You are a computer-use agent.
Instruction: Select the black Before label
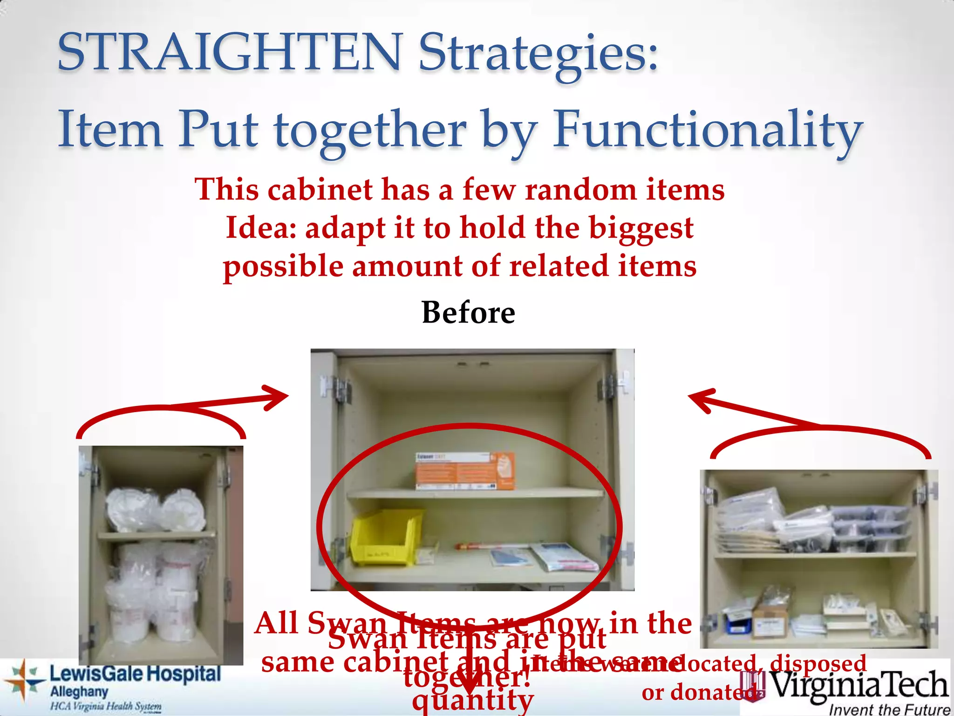point(468,312)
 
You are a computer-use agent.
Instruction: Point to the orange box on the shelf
point(465,471)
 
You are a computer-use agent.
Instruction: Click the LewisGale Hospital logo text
point(135,674)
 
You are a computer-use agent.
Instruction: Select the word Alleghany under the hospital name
point(79,692)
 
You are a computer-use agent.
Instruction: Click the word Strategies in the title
point(538,52)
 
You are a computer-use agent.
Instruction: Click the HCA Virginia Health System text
point(106,707)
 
